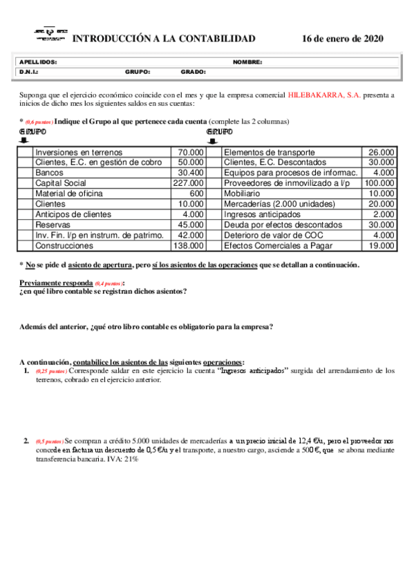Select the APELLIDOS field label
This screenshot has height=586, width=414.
tap(38, 62)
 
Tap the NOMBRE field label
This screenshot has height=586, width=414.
tap(247, 62)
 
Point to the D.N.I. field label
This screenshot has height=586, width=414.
tap(29, 71)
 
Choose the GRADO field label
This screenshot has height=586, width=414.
tap(194, 71)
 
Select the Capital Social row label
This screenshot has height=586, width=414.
tap(60, 183)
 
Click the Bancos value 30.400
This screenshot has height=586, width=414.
tap(191, 173)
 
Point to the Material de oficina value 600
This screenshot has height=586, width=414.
tap(196, 193)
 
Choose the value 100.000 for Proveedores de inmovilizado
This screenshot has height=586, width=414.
tap(379, 183)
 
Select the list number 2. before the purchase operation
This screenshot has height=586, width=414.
tap(26, 440)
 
